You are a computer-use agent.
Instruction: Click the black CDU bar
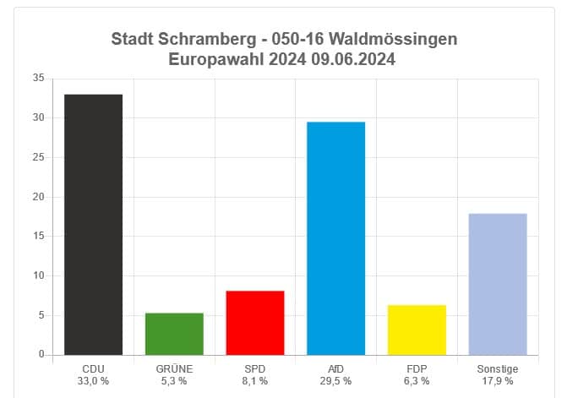(93, 224)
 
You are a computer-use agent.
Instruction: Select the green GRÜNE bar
(174, 334)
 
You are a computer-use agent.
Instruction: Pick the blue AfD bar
(335, 238)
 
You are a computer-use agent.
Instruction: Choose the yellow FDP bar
(417, 330)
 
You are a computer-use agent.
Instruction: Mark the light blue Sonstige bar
(498, 284)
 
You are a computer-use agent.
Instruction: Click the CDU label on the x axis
(93, 369)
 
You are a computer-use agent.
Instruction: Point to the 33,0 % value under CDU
(93, 381)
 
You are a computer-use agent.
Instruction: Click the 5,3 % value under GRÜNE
(174, 381)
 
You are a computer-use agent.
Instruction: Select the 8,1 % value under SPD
(255, 381)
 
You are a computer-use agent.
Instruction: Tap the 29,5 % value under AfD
(335, 381)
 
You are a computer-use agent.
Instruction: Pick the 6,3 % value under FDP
(417, 381)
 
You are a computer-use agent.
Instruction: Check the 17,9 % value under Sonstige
(498, 381)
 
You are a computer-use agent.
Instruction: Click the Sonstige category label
(498, 369)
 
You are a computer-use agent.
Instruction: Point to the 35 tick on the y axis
(38, 79)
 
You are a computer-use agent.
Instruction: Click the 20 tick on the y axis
(38, 197)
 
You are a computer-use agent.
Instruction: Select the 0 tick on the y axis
(41, 355)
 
